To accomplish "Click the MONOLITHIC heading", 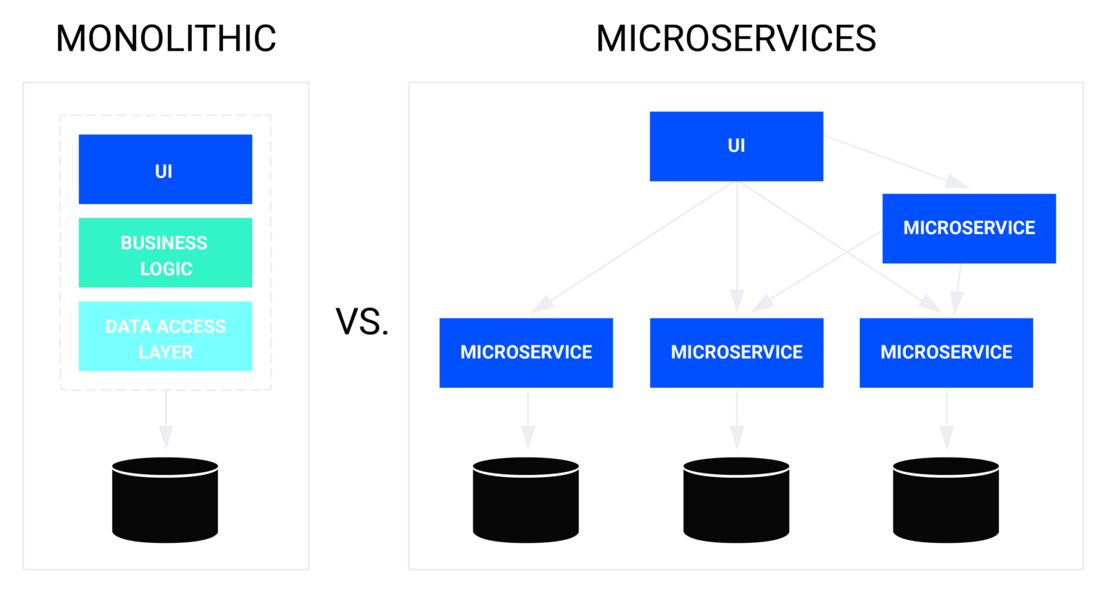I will pos(166,38).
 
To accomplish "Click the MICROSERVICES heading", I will pos(736,38).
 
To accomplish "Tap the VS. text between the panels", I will pos(362,321).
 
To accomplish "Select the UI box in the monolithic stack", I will pos(165,169).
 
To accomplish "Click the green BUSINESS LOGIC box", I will pos(165,253).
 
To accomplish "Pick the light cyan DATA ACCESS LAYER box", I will pos(165,337).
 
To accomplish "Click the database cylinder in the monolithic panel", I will pos(165,500).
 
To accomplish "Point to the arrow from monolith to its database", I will pos(166,420).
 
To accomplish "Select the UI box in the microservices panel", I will pos(736,146).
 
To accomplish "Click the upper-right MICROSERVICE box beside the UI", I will pos(969,228).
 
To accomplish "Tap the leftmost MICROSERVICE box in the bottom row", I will pos(526,353).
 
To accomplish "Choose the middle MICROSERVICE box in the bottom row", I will pos(736,353).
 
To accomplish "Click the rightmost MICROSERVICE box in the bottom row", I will pos(945,353).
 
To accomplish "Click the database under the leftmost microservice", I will pos(526,500).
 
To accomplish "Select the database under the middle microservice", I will pos(736,500).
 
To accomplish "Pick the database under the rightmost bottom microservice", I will pos(945,500).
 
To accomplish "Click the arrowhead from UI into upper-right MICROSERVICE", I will pos(957,182).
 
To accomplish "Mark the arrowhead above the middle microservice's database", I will pos(737,437).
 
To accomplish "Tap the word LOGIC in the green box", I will pos(166,269).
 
